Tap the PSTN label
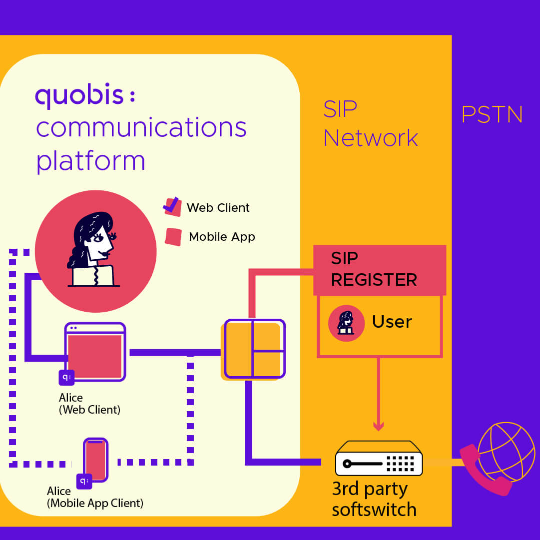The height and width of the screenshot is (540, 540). (492, 115)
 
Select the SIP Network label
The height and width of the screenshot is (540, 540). (370, 123)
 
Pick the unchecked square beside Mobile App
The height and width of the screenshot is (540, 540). (173, 237)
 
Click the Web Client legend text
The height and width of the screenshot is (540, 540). (218, 208)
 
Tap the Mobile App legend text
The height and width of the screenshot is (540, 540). (222, 237)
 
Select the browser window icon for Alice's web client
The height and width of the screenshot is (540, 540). (95, 352)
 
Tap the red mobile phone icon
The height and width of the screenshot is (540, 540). (95, 460)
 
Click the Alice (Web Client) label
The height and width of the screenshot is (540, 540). (89, 404)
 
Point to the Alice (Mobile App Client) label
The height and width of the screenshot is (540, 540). (95, 497)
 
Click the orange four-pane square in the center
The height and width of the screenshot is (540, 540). (254, 349)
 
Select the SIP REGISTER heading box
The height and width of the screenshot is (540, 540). (379, 270)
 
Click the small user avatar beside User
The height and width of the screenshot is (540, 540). (346, 323)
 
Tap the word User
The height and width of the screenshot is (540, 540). (392, 322)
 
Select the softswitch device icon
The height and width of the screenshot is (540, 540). (379, 459)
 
